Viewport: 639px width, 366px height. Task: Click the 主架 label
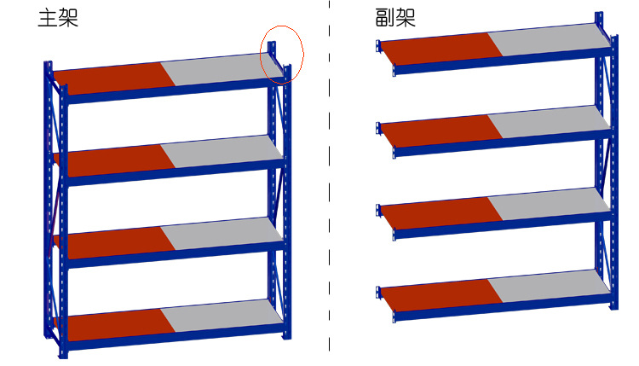[x=58, y=19]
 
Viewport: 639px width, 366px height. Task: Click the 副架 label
[x=395, y=19]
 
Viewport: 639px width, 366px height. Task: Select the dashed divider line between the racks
[x=329, y=176]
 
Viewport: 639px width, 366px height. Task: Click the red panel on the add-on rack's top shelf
[x=441, y=49]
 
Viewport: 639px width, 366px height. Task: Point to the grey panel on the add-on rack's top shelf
[x=549, y=39]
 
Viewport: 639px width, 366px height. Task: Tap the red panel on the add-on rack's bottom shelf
[x=441, y=295]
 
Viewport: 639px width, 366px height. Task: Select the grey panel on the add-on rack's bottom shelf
[x=549, y=286]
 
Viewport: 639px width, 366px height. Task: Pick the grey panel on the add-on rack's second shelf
[x=549, y=122]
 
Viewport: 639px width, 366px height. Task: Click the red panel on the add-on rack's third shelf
[x=441, y=213]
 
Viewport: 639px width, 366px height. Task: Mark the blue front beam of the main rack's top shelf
[x=176, y=90]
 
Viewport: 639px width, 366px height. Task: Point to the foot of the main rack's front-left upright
[x=63, y=356]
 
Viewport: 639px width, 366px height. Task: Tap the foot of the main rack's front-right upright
[x=287, y=336]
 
